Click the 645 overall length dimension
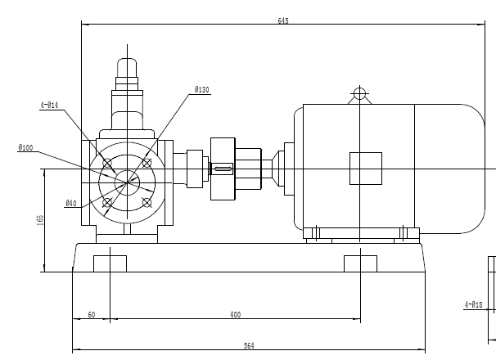coord(283,20)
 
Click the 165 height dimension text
coord(39,219)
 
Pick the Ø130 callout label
coord(202,89)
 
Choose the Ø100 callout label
coord(25,148)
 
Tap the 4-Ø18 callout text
coord(474,304)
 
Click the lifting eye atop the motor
coord(358,92)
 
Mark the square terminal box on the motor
coord(365,169)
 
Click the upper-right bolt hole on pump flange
coord(147,162)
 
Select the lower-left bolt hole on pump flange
coord(106,201)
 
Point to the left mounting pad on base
coord(110,263)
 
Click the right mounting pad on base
coord(360,263)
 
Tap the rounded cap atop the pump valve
coord(126,66)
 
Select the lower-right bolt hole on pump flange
coord(147,201)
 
